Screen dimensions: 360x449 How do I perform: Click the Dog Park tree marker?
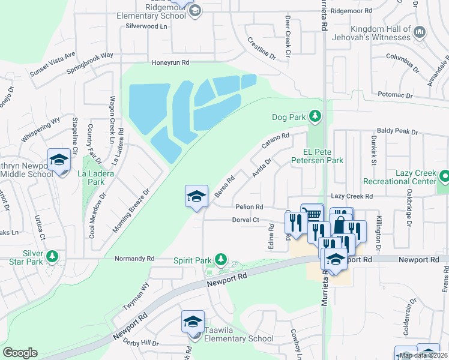(314, 116)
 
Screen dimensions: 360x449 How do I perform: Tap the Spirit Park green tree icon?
(221, 260)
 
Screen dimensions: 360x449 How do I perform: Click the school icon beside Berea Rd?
(196, 196)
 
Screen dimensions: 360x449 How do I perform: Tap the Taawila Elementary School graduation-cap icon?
(193, 322)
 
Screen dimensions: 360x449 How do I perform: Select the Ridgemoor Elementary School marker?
(194, 10)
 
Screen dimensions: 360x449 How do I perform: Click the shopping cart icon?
(312, 214)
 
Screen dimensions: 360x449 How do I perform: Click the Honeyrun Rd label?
(170, 62)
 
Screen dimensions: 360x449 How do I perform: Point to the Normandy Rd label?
(134, 259)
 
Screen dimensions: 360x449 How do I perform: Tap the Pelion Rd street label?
(250, 207)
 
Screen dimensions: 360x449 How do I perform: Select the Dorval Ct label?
(246, 220)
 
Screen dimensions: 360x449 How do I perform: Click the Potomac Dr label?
(396, 95)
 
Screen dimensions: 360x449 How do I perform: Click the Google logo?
(20, 353)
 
